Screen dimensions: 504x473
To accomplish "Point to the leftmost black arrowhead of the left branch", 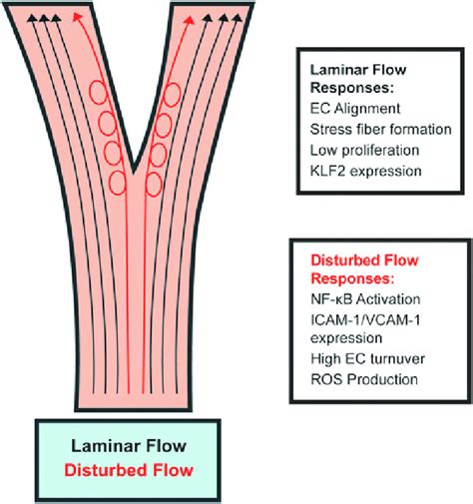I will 34,19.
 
